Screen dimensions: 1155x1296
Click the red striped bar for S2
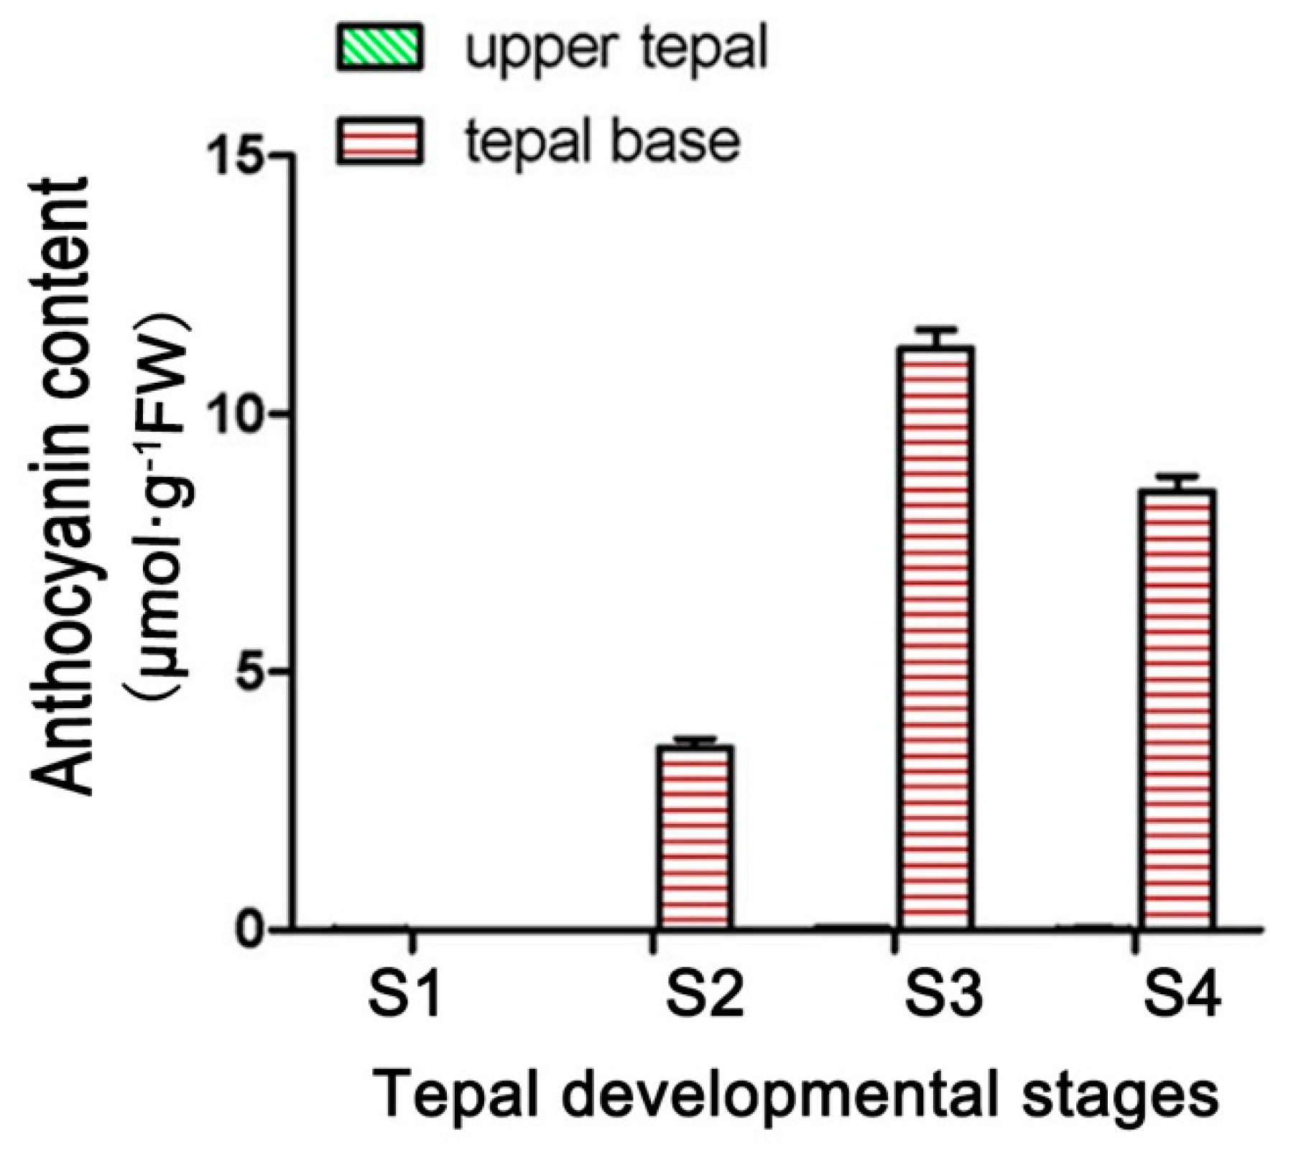coord(695,837)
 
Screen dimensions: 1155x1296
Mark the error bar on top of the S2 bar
coord(695,740)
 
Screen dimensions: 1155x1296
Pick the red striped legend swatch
coord(379,141)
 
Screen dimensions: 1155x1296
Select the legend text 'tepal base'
coord(602,141)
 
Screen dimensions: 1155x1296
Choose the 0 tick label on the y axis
coord(252,931)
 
